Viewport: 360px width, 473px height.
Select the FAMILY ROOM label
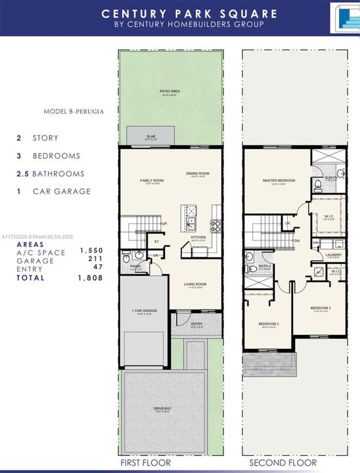[151, 180]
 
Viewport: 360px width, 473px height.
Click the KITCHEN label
[198, 237]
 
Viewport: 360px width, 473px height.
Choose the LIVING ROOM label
[195, 284]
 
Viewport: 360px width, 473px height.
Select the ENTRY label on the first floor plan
[197, 323]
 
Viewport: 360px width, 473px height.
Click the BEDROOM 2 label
[269, 324]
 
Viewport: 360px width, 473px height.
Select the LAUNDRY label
[332, 255]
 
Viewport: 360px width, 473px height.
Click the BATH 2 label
[265, 266]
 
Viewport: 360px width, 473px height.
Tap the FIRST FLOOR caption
[145, 463]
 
